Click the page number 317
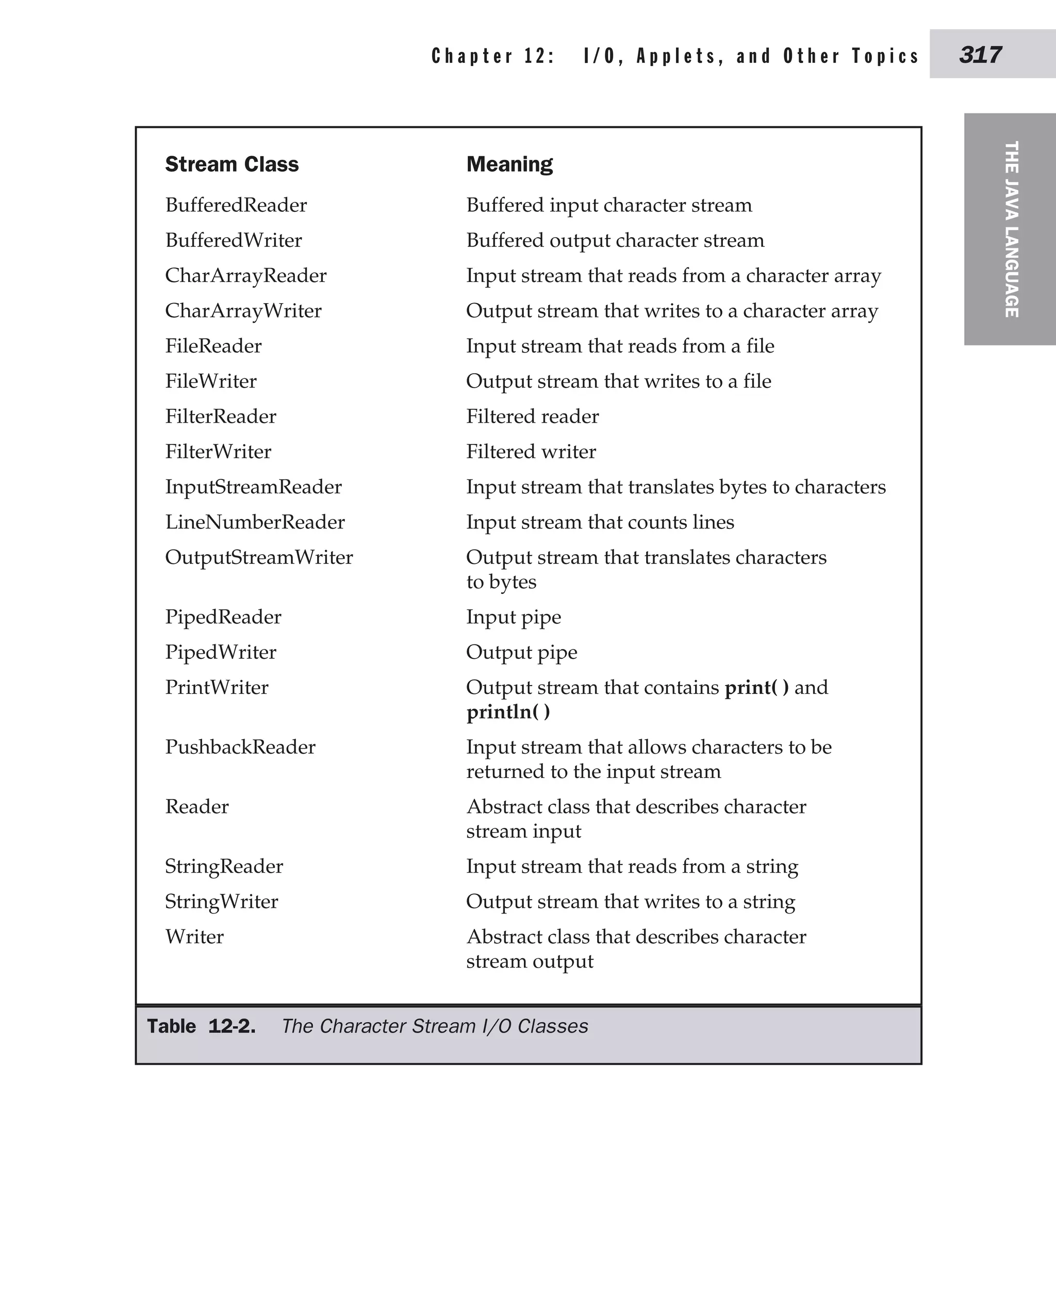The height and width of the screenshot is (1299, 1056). [980, 55]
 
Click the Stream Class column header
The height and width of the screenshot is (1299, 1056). [232, 164]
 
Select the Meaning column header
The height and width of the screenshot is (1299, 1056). [509, 164]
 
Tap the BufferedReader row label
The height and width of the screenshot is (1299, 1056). [236, 205]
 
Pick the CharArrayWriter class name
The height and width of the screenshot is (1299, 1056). [243, 311]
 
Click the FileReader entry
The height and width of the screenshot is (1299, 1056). [213, 346]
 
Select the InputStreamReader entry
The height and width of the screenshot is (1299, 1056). [253, 487]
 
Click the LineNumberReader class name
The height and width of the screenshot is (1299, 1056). [255, 522]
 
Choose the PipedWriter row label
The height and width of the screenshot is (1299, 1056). [220, 653]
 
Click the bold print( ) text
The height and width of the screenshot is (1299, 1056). [756, 688]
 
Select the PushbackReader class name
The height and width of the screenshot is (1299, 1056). [240, 747]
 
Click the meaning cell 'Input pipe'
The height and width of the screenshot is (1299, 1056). [514, 617]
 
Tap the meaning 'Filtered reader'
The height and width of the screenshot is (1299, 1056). [532, 417]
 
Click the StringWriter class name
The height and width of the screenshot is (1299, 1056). [221, 902]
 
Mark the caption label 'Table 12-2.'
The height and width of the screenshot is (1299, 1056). [201, 1026]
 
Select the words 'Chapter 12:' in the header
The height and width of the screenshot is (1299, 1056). [493, 56]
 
